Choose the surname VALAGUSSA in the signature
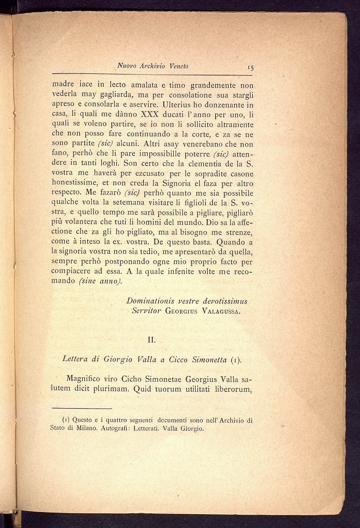tap(221, 311)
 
